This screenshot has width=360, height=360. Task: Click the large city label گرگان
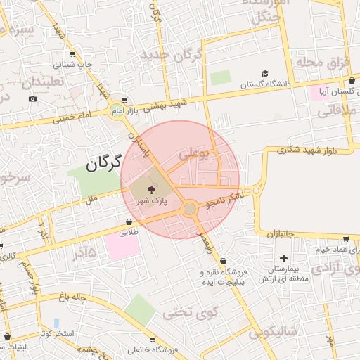106,164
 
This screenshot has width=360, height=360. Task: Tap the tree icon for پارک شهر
153,189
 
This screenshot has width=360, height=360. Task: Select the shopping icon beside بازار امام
124,101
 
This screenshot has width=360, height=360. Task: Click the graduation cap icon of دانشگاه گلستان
265,74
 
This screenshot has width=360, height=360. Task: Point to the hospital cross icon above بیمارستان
283,258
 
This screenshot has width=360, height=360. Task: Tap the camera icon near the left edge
32,99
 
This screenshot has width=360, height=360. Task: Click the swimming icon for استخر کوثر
56,323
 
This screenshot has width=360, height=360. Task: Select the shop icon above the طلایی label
130,221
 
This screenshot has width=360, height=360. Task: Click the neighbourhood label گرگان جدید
172,55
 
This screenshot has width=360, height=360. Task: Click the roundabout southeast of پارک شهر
189,209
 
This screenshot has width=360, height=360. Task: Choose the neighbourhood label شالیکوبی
273,330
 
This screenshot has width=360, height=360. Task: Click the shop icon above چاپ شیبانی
72,53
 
